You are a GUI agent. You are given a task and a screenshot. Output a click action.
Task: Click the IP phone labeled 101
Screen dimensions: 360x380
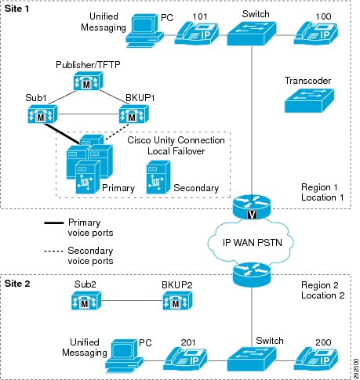[x=197, y=33]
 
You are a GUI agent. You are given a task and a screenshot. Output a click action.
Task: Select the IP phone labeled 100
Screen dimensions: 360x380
[x=316, y=33]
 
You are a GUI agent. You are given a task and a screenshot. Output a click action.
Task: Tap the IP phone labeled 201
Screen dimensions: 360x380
[x=185, y=359]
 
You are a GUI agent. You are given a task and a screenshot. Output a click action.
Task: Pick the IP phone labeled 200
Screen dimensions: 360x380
[x=316, y=359]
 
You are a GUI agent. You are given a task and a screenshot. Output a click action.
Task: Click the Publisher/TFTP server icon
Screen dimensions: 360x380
[x=88, y=81]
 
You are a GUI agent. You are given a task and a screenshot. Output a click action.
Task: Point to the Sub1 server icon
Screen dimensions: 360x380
[x=42, y=114]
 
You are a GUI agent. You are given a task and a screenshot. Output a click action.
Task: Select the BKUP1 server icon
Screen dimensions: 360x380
[x=134, y=114]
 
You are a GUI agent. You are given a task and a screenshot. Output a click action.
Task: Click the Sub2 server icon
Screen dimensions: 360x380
[x=86, y=300]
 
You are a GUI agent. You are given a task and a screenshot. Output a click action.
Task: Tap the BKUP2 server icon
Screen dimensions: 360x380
[x=177, y=300]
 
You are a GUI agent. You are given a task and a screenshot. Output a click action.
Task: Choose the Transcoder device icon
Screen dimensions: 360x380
[x=309, y=100]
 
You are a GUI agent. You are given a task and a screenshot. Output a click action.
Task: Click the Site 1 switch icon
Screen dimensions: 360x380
[x=252, y=34]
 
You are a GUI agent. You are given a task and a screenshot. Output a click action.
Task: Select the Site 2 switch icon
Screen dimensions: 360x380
[x=252, y=359]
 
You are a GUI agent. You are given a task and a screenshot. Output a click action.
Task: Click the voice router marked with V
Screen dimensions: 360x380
[x=252, y=207]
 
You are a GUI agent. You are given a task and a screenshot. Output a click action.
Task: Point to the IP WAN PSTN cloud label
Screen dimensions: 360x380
[x=253, y=243]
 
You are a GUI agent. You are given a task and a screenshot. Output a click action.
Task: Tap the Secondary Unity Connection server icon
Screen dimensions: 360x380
[x=158, y=177]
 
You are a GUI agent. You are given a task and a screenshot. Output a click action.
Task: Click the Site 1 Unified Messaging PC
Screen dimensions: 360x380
[x=144, y=31]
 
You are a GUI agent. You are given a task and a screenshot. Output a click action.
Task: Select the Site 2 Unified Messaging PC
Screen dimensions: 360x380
[x=124, y=356]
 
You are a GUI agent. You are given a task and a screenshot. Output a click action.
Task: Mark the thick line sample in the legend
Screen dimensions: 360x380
[x=54, y=223]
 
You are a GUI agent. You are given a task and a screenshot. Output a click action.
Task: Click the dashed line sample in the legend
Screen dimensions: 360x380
[x=53, y=252]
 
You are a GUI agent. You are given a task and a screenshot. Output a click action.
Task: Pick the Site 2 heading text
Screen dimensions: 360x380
[x=17, y=284]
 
